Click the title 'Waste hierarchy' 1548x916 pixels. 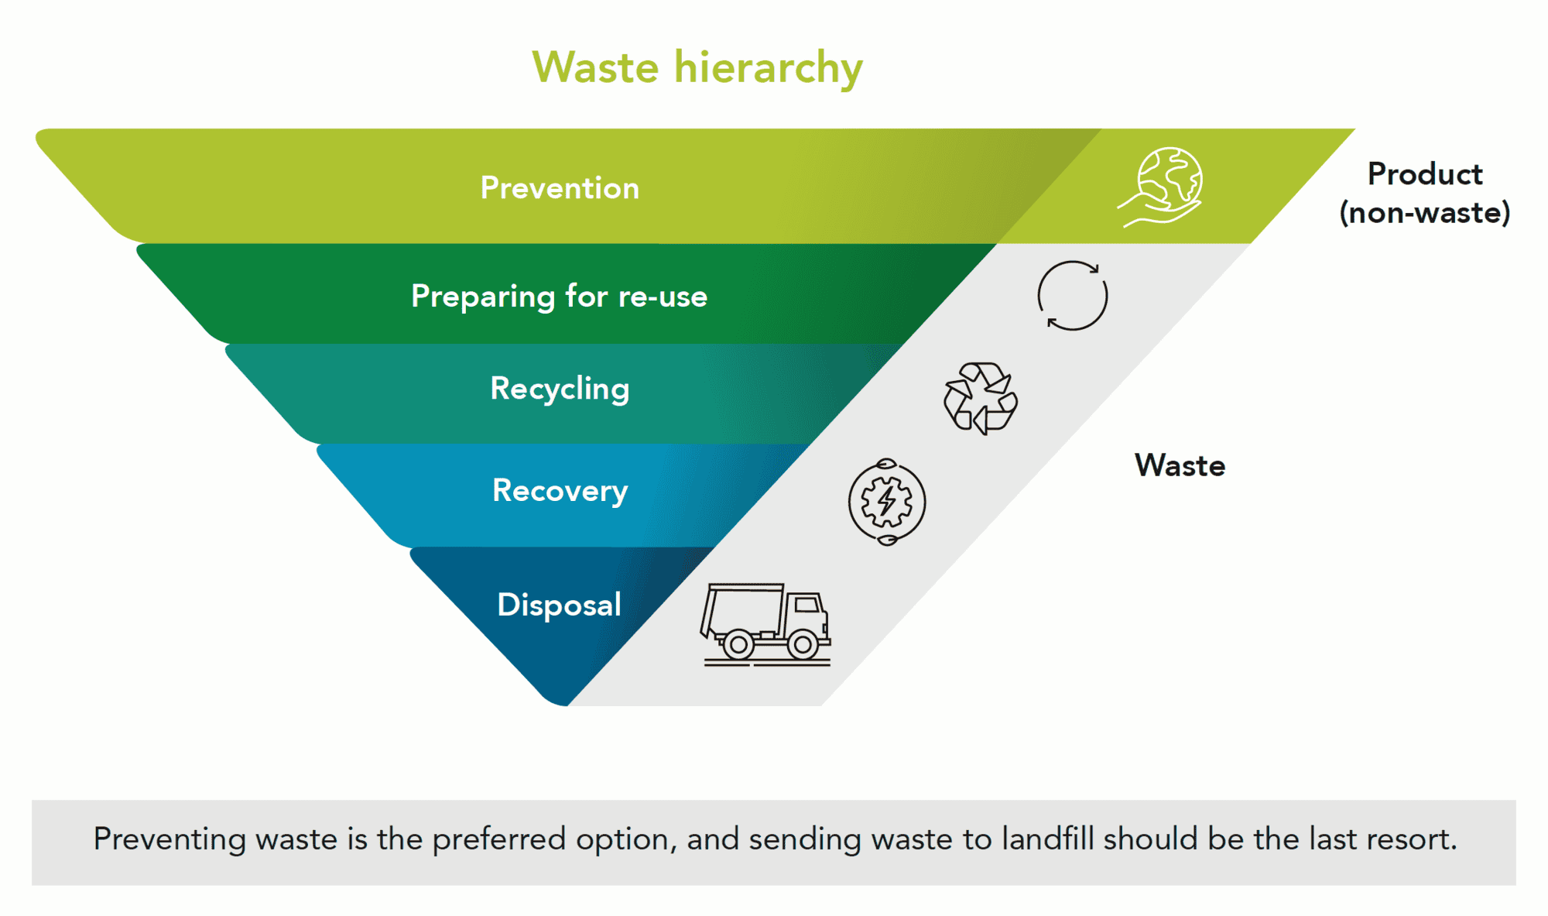697,67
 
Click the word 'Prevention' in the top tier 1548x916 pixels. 560,188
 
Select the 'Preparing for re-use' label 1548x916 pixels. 559,297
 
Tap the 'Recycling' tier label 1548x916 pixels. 560,389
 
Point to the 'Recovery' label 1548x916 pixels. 560,491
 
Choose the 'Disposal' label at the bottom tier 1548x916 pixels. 559,605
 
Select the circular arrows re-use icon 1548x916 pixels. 1072,296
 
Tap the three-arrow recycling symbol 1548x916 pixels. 981,398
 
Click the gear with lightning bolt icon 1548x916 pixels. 887,502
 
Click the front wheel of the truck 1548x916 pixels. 803,644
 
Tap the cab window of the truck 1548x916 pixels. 807,604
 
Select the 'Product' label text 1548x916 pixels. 1425,174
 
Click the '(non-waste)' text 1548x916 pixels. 1425,213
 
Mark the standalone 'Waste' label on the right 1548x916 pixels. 1180,466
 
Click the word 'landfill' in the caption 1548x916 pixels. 1047,839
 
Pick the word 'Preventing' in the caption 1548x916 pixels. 170,840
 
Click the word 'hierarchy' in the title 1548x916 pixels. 768,67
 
